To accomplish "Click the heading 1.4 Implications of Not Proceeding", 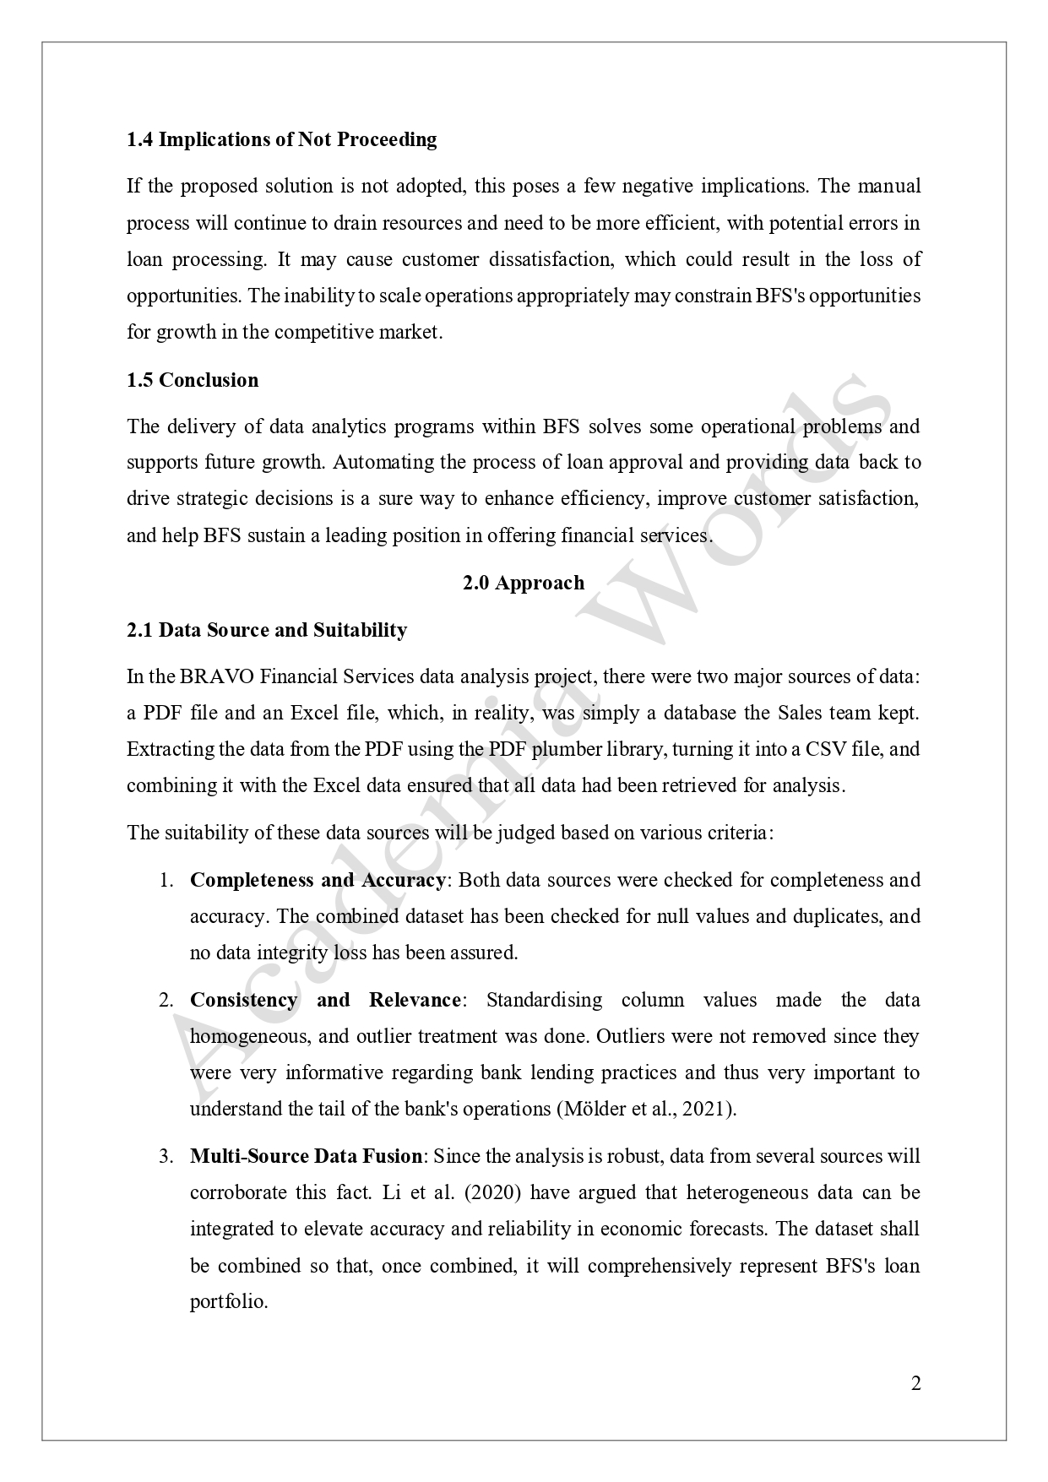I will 281,139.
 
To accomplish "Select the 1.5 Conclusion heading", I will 193,380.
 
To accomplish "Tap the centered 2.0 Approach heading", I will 524,583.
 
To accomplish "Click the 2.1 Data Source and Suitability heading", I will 267,630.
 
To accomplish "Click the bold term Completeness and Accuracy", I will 318,880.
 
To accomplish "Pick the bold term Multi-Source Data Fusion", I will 306,1156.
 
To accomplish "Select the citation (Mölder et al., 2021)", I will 647,1109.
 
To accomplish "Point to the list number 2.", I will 166,1001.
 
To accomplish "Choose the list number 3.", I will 166,1156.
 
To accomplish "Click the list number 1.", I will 166,880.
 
